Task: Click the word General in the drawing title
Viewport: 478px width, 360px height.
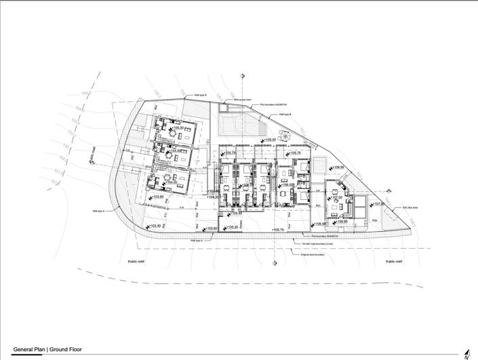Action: click(x=25, y=351)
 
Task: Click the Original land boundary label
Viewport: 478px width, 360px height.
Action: click(x=309, y=254)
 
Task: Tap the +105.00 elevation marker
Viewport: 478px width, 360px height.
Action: click(x=180, y=127)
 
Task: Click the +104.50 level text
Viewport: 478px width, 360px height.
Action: click(x=176, y=151)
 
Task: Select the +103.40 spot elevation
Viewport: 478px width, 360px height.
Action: click(x=154, y=226)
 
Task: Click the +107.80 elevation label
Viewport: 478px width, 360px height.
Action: click(x=378, y=203)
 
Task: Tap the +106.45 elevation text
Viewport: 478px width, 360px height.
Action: click(x=319, y=223)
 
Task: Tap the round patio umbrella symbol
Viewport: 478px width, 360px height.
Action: click(x=285, y=136)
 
